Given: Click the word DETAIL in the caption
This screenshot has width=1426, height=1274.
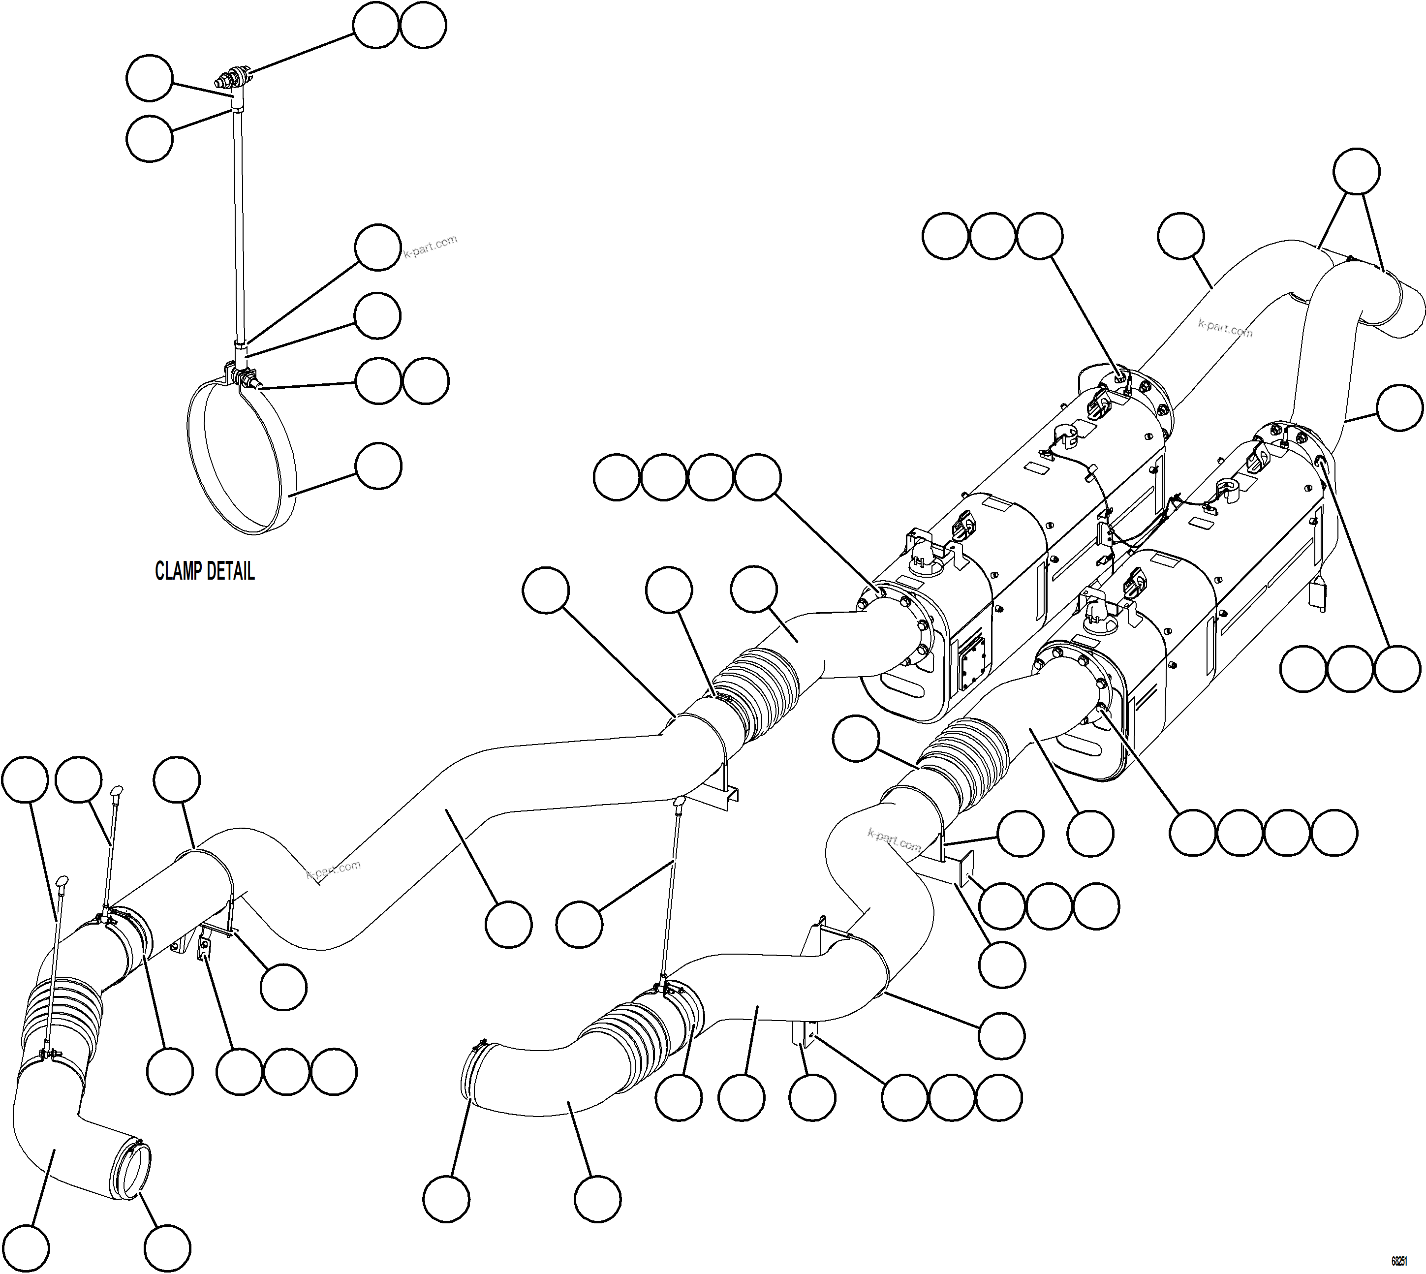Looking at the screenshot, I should coord(230,571).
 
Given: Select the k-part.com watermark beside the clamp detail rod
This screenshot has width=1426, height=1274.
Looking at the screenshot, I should coord(430,247).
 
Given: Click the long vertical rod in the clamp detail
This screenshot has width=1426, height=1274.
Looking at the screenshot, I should coord(239,224).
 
